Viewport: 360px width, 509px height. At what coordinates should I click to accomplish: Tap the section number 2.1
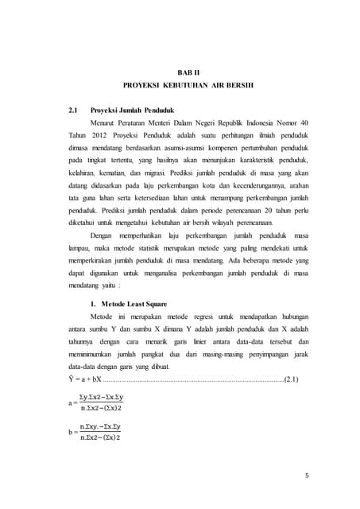click(x=74, y=110)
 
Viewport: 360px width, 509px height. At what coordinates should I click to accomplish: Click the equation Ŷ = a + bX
click(x=85, y=379)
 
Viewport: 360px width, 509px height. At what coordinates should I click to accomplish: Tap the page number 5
click(x=306, y=476)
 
